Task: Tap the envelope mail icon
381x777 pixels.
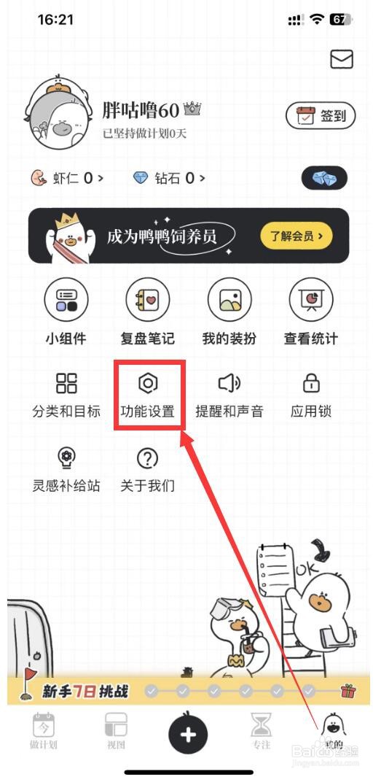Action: (x=341, y=60)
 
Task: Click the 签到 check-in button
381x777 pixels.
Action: (x=321, y=115)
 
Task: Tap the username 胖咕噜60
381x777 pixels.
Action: (x=141, y=110)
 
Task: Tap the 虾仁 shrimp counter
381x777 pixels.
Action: (x=66, y=177)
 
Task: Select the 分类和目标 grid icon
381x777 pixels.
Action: (x=66, y=383)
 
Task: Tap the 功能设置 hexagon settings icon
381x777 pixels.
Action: (x=148, y=383)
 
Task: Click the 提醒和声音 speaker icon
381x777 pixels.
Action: (x=229, y=383)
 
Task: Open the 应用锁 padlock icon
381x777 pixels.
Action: (x=311, y=383)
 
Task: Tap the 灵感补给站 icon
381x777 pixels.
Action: (x=66, y=458)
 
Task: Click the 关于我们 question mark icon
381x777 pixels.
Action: (x=148, y=458)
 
